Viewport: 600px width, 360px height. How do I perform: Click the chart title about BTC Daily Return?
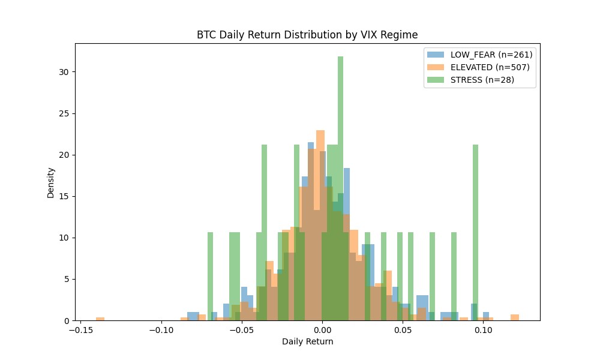coord(307,35)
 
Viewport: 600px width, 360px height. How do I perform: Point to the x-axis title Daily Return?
coord(307,342)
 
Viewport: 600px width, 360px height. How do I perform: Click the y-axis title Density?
coord(51,182)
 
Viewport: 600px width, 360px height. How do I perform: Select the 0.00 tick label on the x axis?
coord(322,330)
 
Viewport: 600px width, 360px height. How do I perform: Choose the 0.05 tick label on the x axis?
coord(403,330)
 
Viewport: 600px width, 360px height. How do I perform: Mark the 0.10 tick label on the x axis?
coord(484,330)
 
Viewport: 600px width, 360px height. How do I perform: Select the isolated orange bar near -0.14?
coord(100,319)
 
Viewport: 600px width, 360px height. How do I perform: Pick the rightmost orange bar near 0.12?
coord(515,317)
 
